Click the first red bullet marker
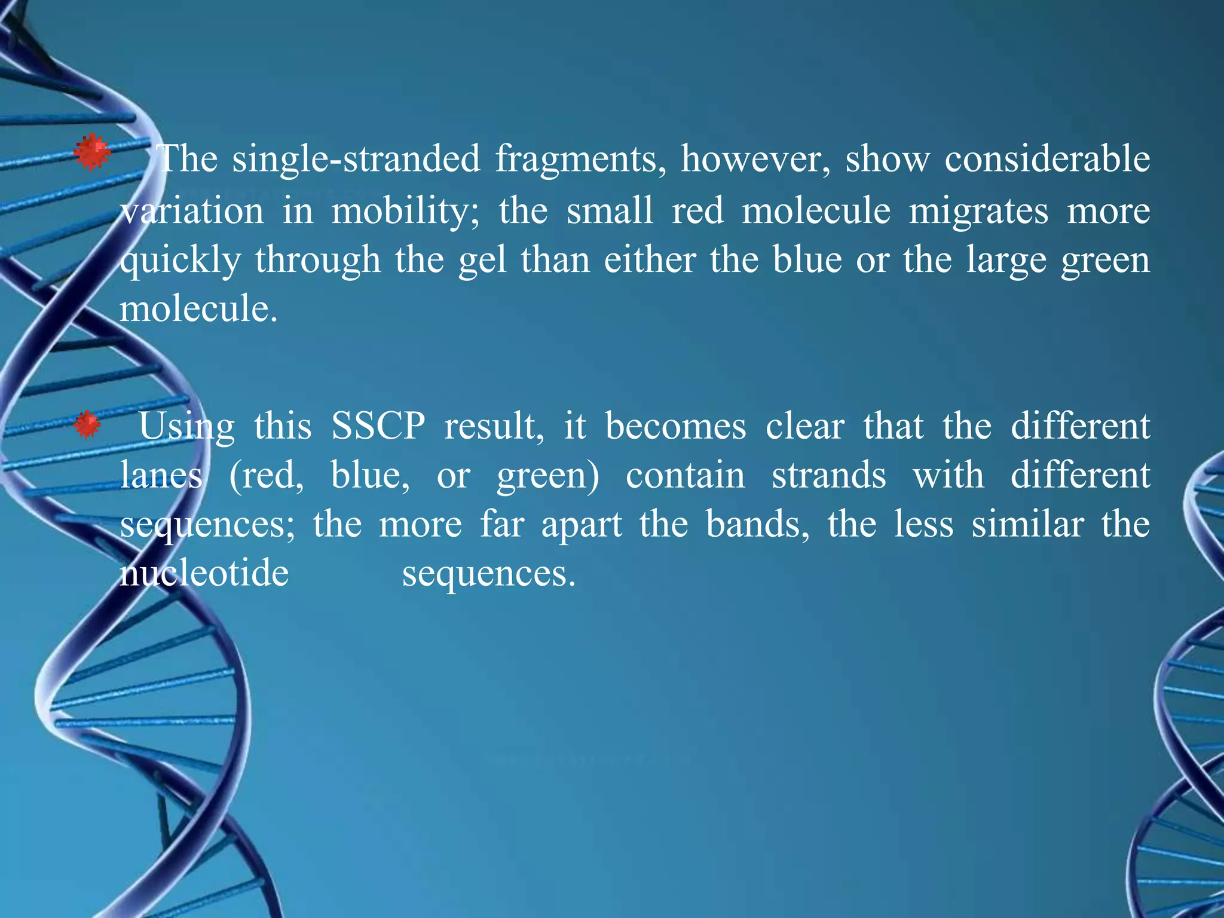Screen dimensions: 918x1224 (93, 153)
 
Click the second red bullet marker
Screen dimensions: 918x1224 (87, 425)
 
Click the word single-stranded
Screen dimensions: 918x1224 (356, 160)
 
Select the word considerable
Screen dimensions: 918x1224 (1047, 160)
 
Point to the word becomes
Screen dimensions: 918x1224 (675, 427)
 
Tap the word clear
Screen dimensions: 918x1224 (805, 427)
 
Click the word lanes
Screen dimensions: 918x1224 (161, 476)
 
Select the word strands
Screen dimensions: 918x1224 (828, 476)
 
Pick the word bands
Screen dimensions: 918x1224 (757, 525)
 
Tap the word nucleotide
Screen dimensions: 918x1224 (204, 574)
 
